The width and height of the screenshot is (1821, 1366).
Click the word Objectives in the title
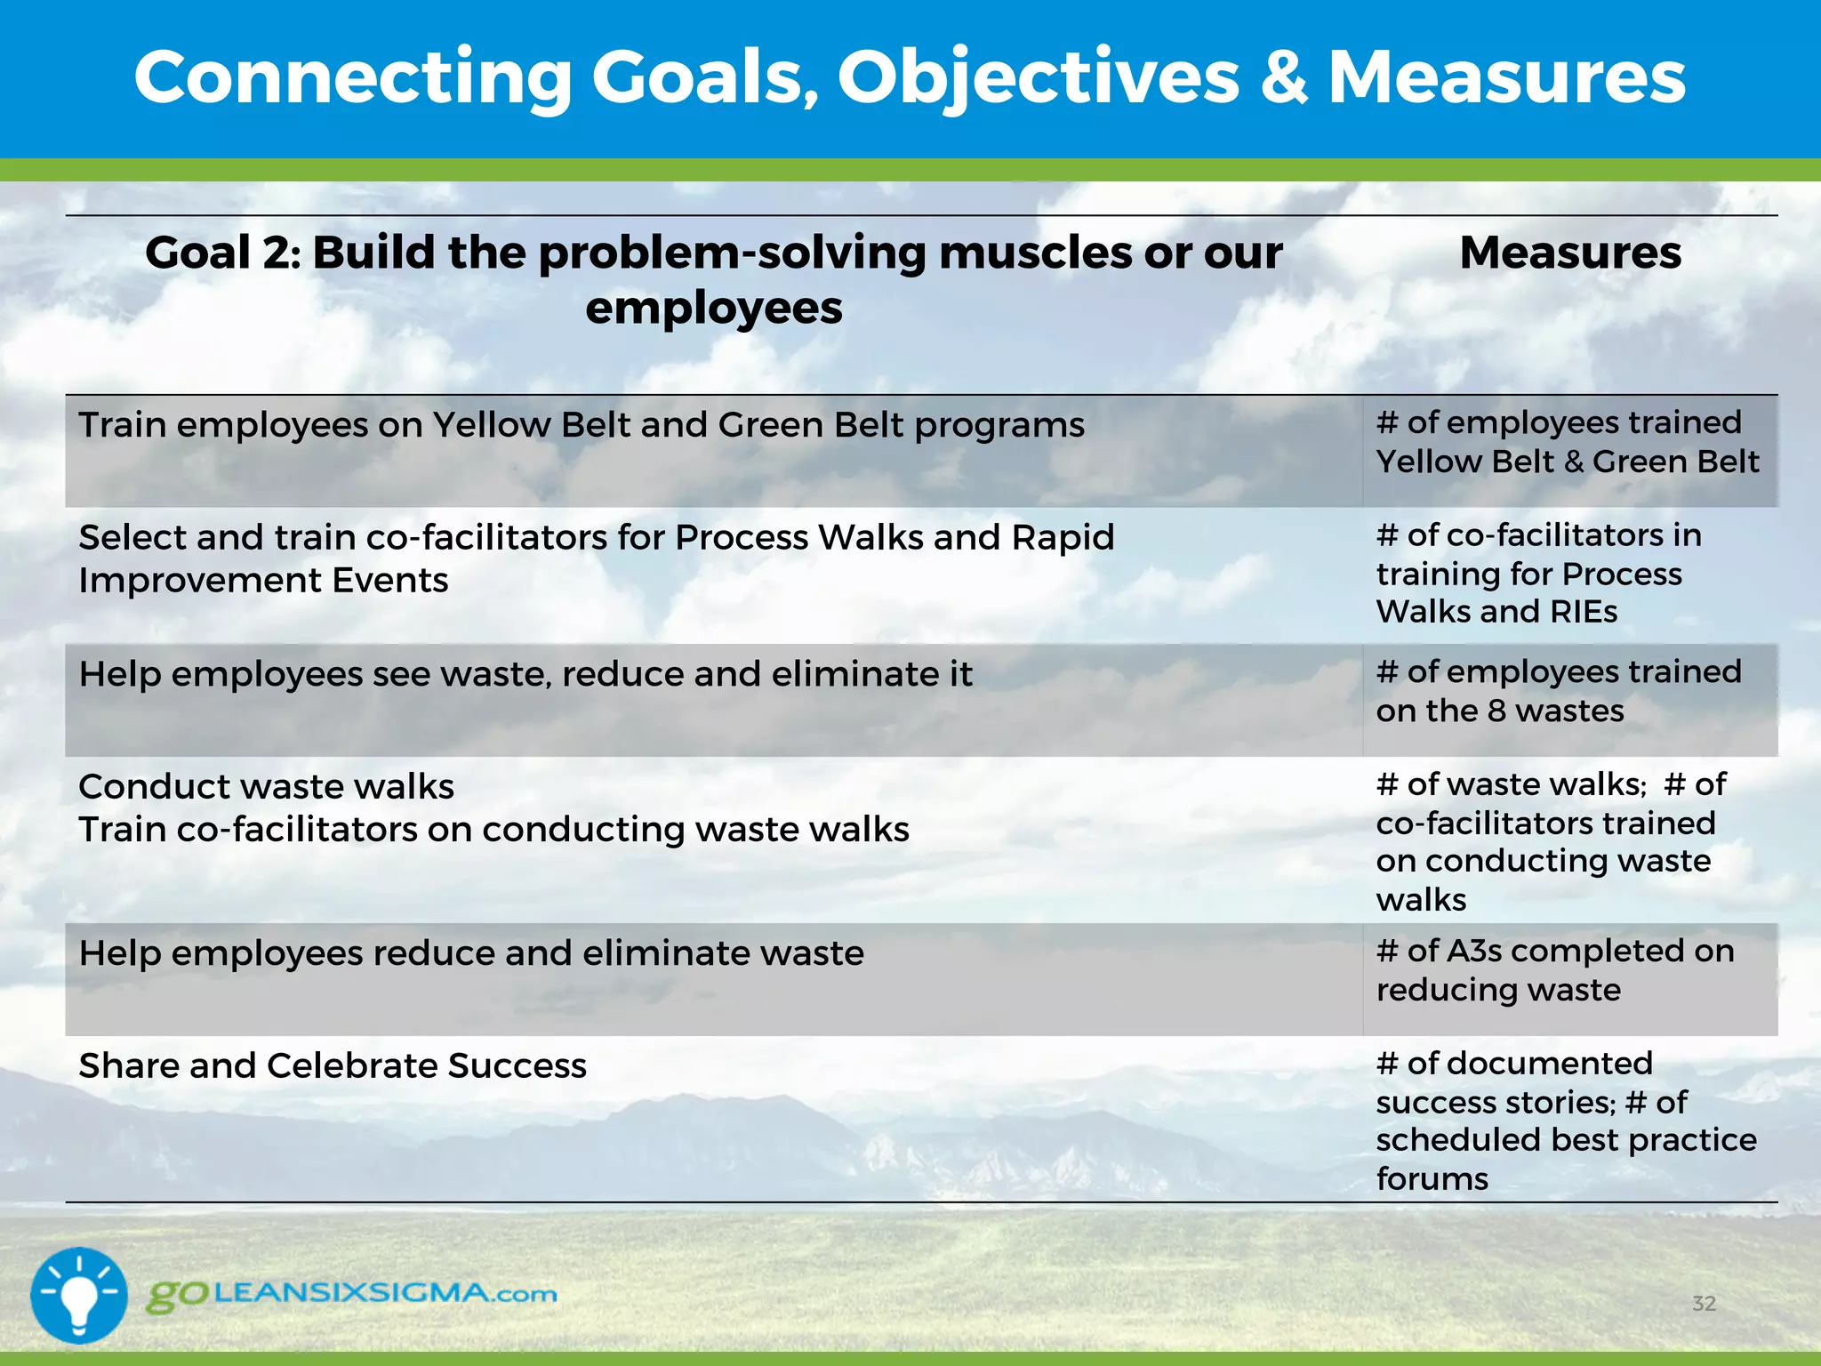tap(1038, 78)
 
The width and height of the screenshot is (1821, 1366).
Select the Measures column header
tap(1570, 253)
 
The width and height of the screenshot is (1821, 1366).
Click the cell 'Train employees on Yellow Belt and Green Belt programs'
tap(582, 425)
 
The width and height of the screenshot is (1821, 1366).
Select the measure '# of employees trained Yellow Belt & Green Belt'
tap(1567, 442)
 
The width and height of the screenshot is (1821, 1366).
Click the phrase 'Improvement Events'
tap(263, 581)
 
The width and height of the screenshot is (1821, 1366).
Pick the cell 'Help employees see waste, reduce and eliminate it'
tap(525, 674)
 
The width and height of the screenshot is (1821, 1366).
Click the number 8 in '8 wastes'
tap(1497, 711)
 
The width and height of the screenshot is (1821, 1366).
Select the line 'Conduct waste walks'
tap(266, 787)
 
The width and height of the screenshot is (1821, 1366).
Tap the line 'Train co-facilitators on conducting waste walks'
tap(493, 830)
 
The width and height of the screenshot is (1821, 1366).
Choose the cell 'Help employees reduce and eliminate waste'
tap(471, 953)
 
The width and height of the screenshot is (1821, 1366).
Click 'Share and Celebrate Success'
tap(333, 1065)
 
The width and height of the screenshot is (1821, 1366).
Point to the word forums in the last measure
tap(1432, 1179)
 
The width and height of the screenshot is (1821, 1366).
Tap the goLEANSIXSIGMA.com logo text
tap(352, 1294)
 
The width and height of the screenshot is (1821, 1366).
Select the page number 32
tap(1704, 1304)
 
